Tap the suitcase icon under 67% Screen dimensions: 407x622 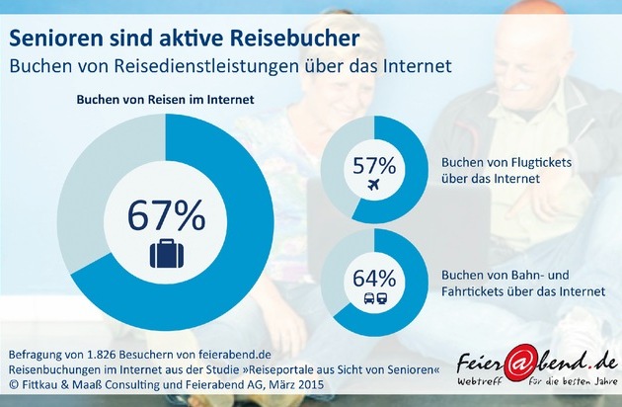[x=165, y=254]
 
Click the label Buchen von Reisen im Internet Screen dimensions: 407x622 [x=165, y=101]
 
